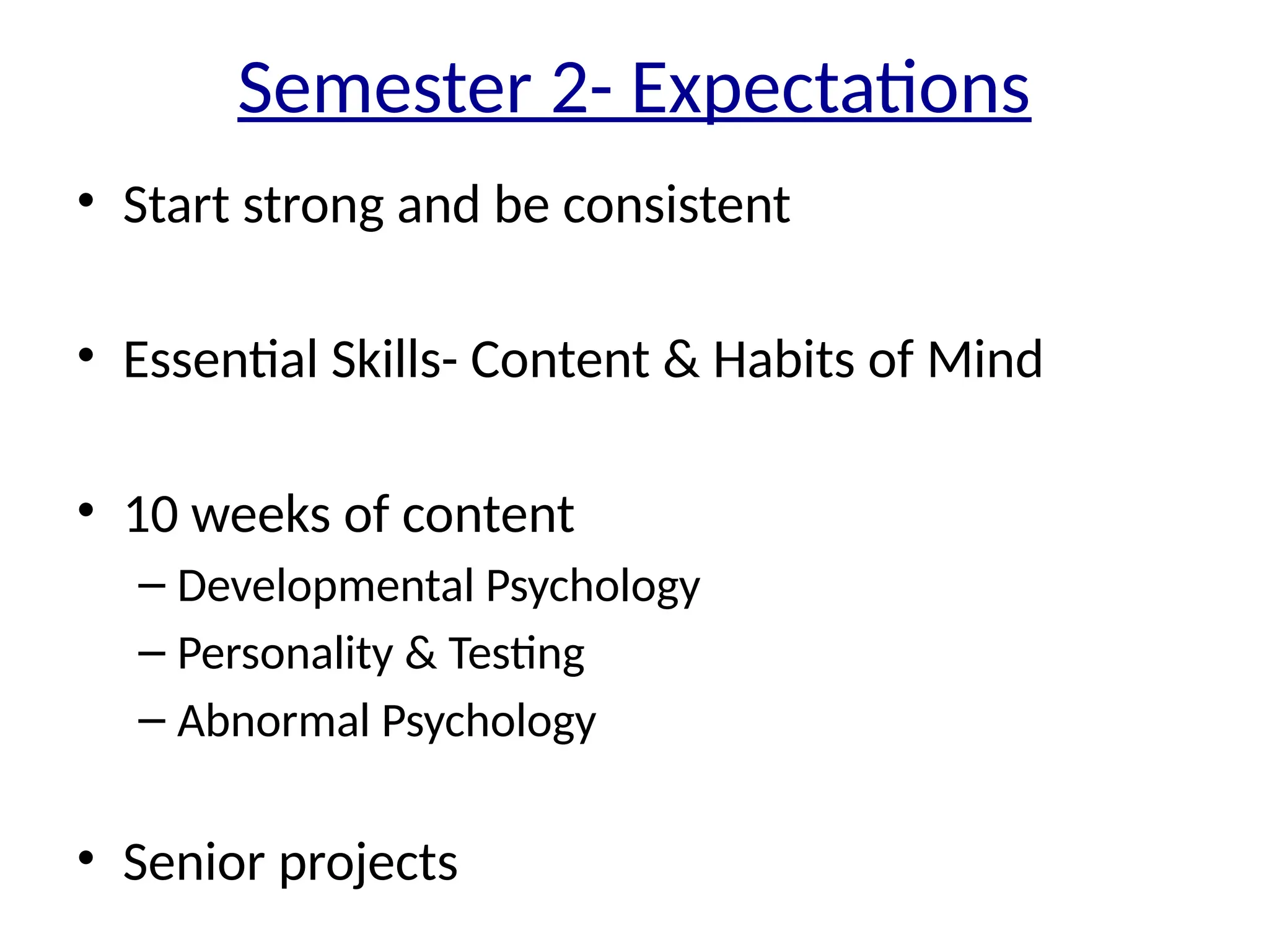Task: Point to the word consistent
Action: (x=676, y=205)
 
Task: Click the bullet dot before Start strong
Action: (x=86, y=200)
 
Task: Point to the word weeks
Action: (x=261, y=515)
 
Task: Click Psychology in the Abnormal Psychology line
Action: (x=488, y=722)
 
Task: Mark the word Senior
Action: (x=194, y=862)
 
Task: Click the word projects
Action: (x=369, y=863)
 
